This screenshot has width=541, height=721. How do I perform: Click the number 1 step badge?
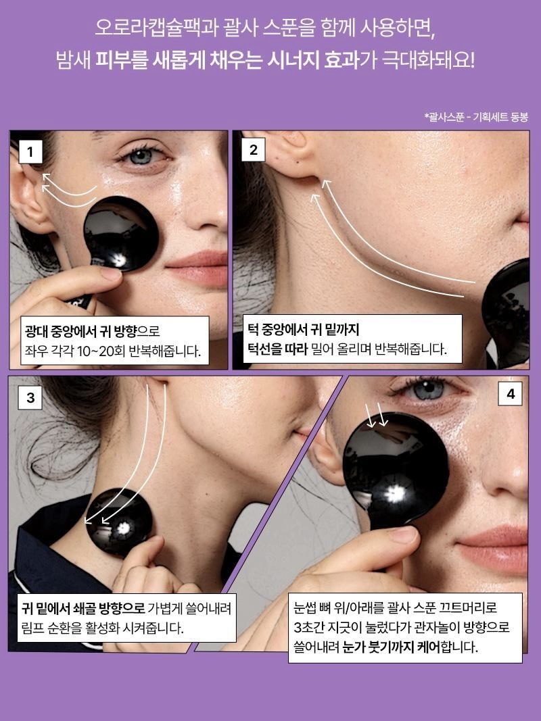tap(30, 151)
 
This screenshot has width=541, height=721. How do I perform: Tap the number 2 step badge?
tap(254, 150)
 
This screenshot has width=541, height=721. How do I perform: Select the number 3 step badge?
tap(30, 397)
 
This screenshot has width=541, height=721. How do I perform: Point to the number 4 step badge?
tap(510, 394)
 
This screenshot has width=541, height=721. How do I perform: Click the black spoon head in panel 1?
tap(121, 234)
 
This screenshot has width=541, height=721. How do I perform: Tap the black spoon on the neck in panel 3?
tap(119, 522)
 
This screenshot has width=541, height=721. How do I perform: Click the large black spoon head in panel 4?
tap(396, 469)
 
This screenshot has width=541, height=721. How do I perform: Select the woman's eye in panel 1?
tap(142, 155)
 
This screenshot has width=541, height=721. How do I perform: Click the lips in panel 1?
tap(199, 268)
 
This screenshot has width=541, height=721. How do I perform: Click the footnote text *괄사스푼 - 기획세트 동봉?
tap(476, 117)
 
